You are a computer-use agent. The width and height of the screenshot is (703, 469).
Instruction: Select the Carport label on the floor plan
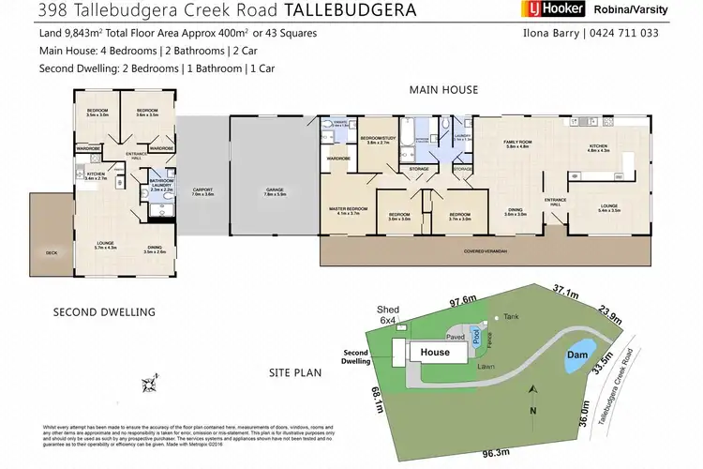[x=203, y=193]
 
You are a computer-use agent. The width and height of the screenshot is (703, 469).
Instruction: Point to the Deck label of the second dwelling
[x=52, y=253]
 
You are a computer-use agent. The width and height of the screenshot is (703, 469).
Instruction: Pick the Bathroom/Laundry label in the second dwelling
[x=161, y=186]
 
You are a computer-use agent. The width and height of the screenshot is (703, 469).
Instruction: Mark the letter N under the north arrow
[x=531, y=413]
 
